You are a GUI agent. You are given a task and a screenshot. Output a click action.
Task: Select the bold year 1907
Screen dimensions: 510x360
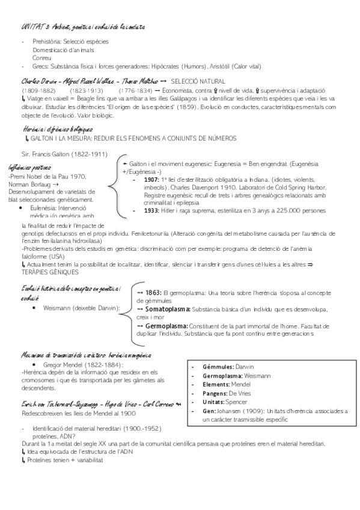[151, 179]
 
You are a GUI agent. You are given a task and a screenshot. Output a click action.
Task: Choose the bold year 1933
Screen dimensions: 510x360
[151, 210]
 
